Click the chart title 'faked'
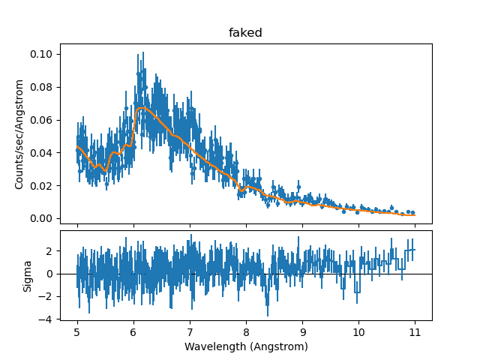245,33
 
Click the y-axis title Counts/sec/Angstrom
20,133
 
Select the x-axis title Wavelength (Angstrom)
246,346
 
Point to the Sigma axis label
28,275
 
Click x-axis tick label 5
77,332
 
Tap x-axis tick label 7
190,332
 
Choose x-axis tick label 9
302,332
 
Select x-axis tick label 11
415,332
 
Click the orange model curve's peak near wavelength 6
142,109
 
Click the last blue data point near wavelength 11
412,213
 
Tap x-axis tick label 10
358,332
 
